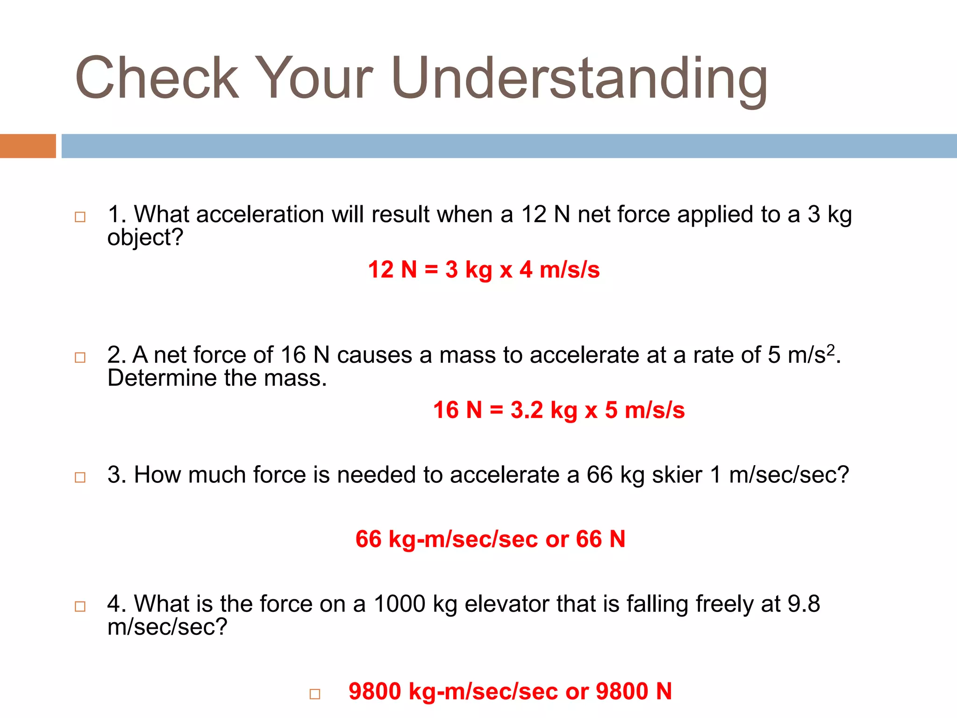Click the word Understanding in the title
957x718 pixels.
(x=579, y=79)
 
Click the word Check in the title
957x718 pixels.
(x=157, y=79)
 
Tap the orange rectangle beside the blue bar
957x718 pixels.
(x=28, y=146)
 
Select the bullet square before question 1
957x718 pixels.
(x=80, y=217)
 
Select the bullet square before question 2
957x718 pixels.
(x=80, y=358)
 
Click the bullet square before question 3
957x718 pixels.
(x=80, y=477)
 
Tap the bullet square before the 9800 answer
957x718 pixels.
(x=315, y=694)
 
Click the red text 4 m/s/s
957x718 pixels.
(x=559, y=270)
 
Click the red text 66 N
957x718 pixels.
(x=600, y=539)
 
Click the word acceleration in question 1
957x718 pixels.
(x=260, y=215)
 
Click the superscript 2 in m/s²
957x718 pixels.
(x=830, y=349)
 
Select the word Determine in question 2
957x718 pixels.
(x=162, y=378)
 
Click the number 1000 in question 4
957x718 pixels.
(x=400, y=604)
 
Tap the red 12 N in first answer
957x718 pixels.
(x=392, y=270)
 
